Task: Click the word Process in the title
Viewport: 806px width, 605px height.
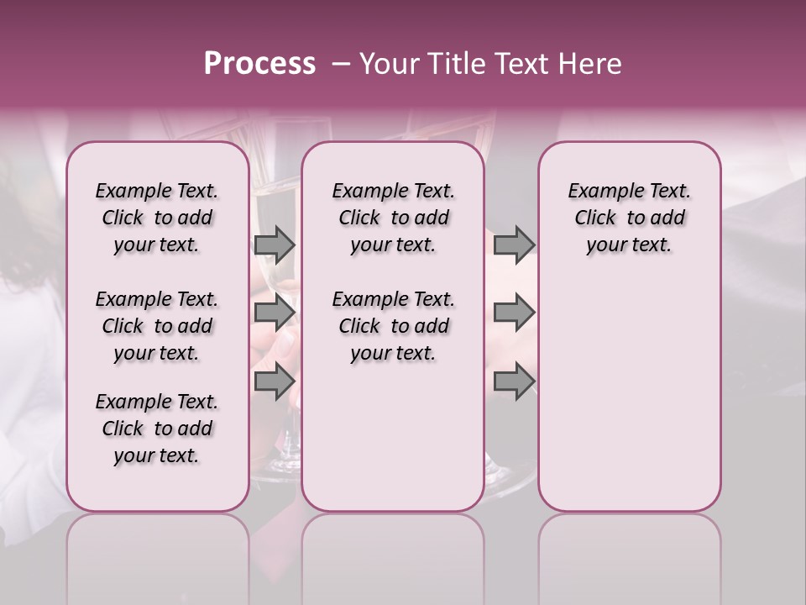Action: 259,64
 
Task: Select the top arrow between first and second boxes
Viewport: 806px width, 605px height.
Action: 275,245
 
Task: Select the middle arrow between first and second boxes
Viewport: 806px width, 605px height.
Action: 275,313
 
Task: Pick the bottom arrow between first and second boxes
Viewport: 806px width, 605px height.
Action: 275,381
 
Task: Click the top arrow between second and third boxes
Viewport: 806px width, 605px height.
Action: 514,245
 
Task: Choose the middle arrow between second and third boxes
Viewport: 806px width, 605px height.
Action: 514,313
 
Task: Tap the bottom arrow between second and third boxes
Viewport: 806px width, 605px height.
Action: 514,381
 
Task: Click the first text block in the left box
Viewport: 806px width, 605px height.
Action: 157,218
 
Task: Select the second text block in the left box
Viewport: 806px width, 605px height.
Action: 157,326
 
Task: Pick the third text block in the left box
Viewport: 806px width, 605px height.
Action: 157,429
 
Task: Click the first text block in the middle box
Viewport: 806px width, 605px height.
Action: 393,218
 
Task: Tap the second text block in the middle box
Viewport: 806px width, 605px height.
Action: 393,326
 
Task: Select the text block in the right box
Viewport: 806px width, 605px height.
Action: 629,218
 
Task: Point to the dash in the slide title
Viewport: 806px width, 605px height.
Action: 340,64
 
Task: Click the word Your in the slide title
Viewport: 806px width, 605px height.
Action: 388,64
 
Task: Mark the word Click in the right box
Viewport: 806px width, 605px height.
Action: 595,218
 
